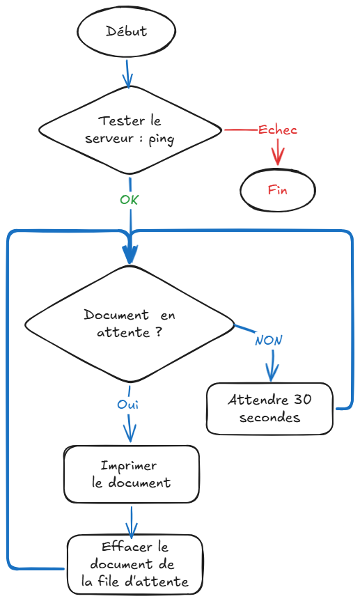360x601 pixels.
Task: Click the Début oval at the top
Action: (126, 31)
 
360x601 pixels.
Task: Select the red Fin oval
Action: (277, 189)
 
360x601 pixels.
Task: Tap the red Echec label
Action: (277, 130)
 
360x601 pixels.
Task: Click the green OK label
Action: (130, 199)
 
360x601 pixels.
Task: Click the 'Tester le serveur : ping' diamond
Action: (130, 130)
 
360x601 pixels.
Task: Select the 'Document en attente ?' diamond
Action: (130, 324)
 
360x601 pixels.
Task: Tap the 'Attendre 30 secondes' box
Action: (269, 409)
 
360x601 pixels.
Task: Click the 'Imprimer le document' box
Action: (131, 474)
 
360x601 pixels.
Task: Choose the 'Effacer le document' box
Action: (135, 564)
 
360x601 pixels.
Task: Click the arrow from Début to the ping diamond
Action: (127, 72)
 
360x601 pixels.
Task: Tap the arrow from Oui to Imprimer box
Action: (129, 428)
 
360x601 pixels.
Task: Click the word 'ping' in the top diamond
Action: (161, 139)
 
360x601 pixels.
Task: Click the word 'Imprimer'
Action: (129, 466)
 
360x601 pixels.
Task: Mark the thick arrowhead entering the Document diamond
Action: (130, 255)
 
